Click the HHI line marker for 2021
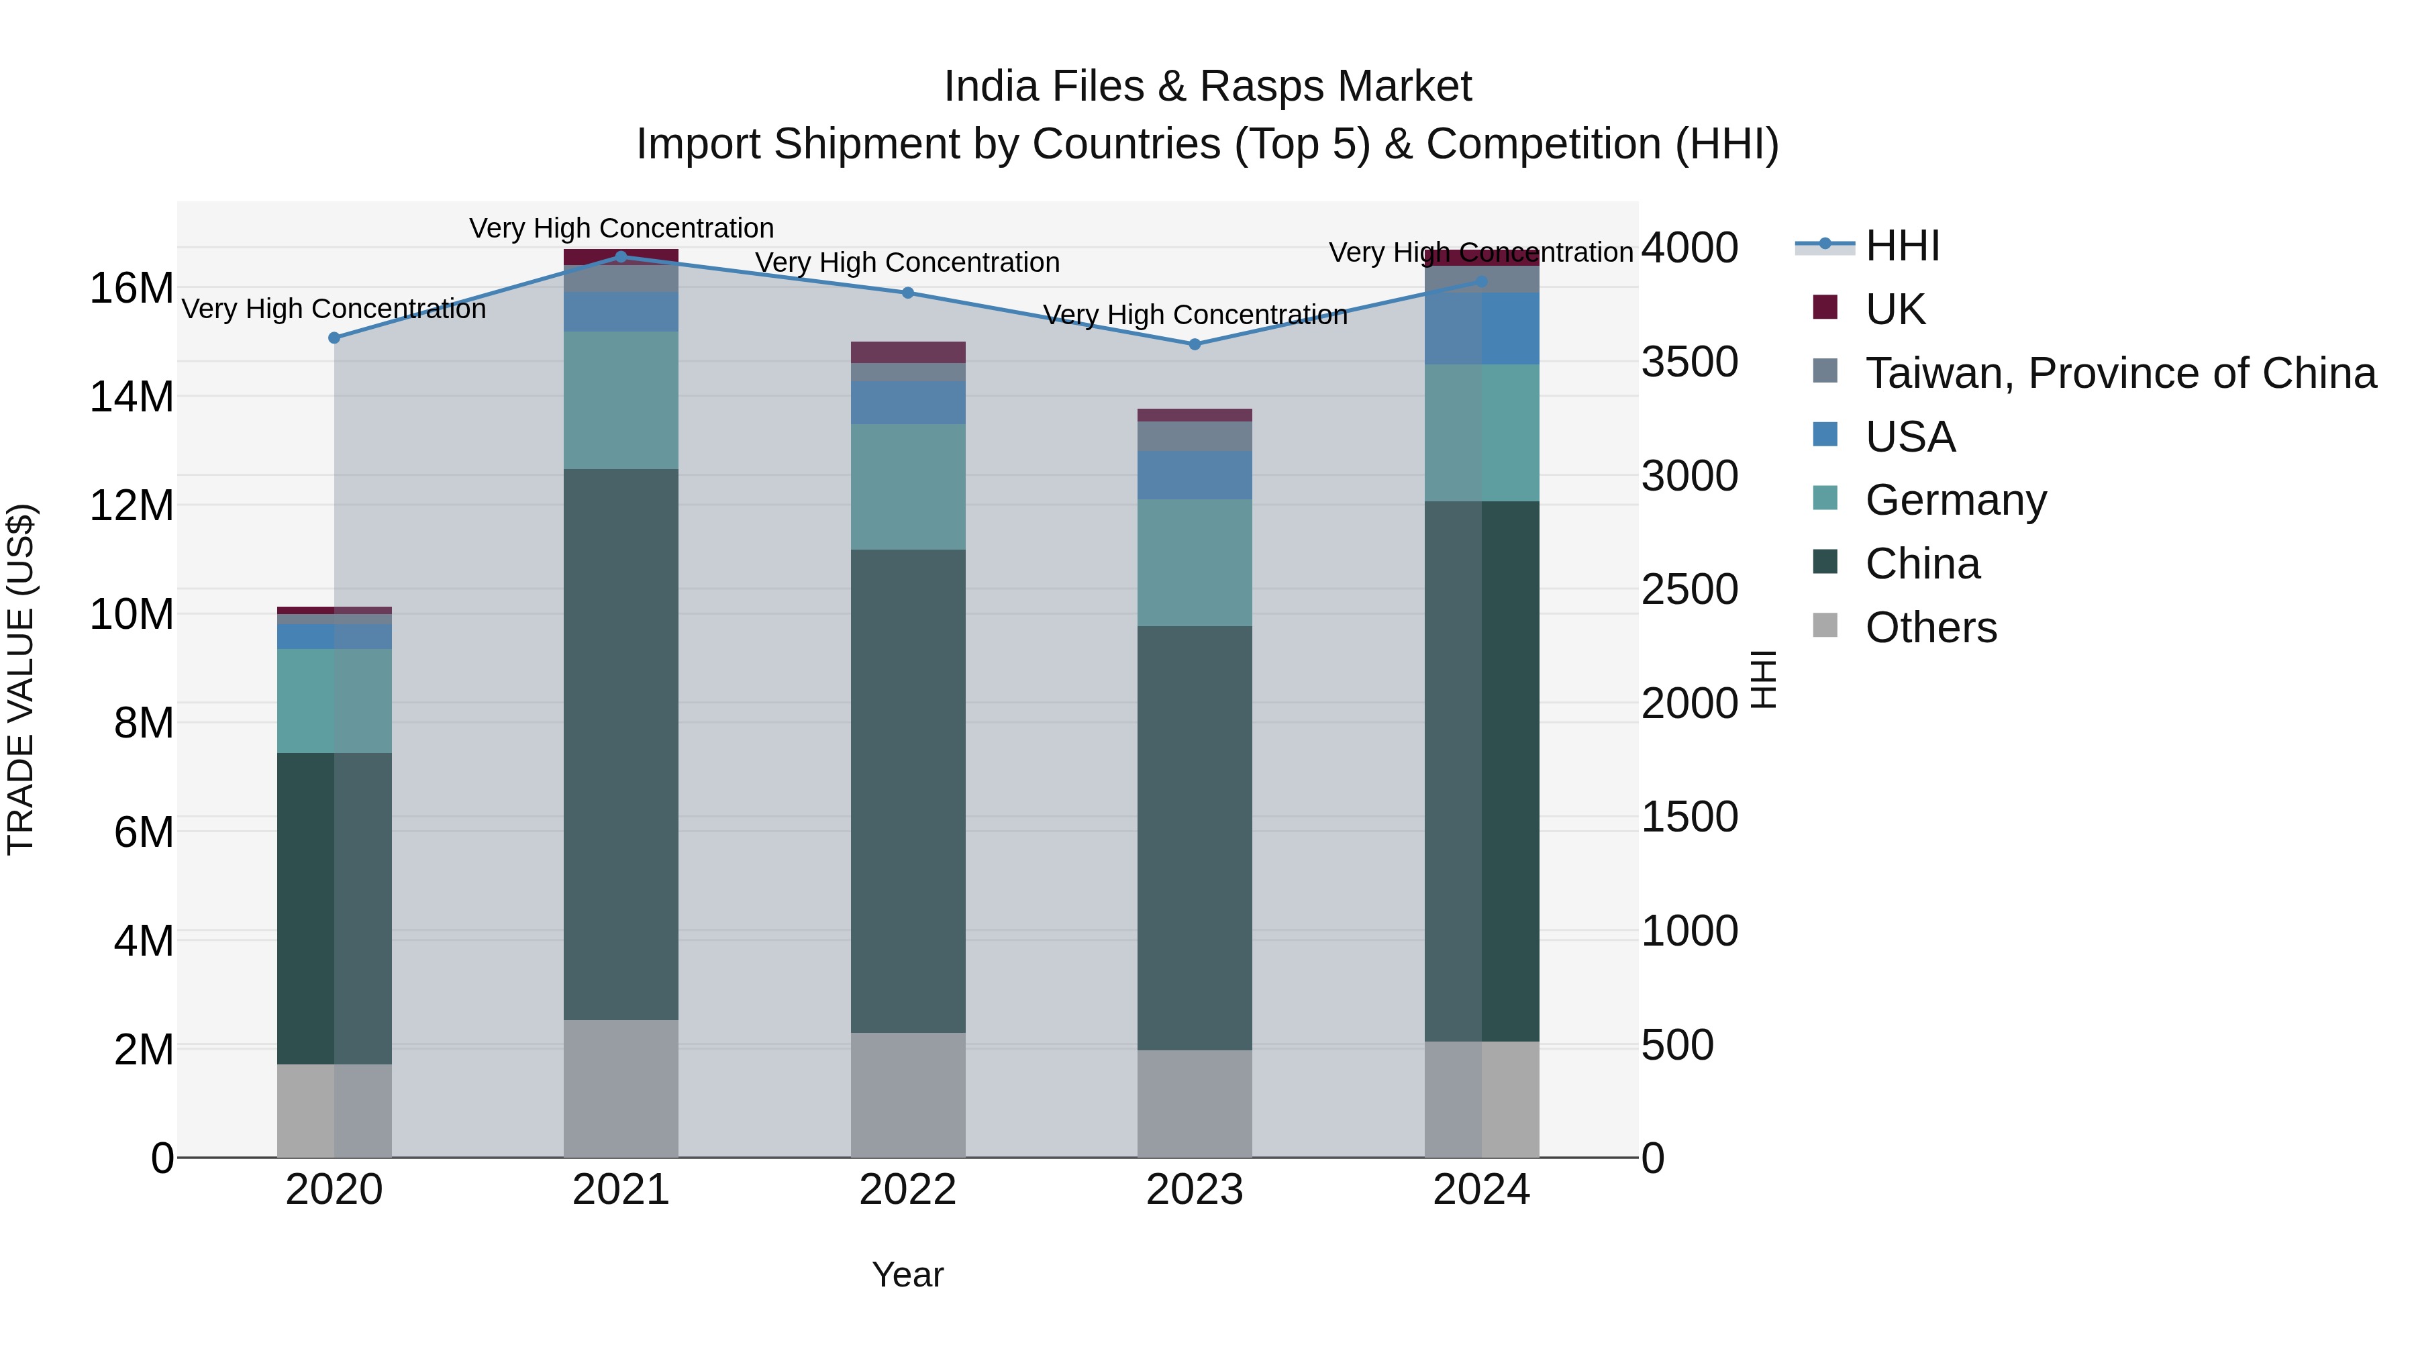click(x=621, y=256)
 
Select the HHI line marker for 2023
click(x=1194, y=344)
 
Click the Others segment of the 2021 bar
click(x=621, y=1087)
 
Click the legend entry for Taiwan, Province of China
click(x=2119, y=373)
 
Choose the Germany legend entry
click(x=1956, y=500)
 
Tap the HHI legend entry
click(x=1901, y=246)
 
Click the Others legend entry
click(x=1930, y=627)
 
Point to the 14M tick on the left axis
click(x=132, y=397)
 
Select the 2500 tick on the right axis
click(x=1689, y=590)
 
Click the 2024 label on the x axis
click(x=1481, y=1190)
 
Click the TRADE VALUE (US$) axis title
click(x=21, y=679)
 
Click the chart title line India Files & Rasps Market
click(x=1207, y=87)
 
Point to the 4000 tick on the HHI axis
click(x=1689, y=248)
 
